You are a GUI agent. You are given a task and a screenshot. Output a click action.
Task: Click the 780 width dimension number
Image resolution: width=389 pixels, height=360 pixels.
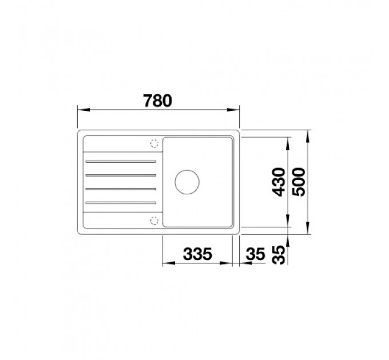coord(157,101)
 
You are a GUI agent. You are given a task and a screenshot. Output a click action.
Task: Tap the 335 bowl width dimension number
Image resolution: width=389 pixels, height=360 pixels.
coord(197,254)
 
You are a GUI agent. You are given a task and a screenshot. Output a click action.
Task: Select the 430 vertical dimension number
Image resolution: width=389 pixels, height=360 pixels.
coord(279,182)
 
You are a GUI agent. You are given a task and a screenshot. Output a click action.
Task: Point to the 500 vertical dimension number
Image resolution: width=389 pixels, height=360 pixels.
coord(299,182)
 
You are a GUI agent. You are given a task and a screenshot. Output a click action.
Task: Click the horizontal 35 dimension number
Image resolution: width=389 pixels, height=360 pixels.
coord(256,254)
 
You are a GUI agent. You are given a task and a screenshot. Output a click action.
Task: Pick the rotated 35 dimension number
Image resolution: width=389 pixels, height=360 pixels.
coord(279,255)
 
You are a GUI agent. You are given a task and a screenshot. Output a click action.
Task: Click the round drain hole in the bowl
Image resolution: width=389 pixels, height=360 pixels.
coord(187,182)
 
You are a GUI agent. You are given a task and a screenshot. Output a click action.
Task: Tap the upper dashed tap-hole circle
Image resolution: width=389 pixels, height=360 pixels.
coord(154,143)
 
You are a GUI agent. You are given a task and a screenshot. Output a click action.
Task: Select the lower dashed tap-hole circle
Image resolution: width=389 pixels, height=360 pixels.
coord(154,220)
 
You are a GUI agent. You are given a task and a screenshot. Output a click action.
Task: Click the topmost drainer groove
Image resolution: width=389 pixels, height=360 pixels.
coord(121,162)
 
